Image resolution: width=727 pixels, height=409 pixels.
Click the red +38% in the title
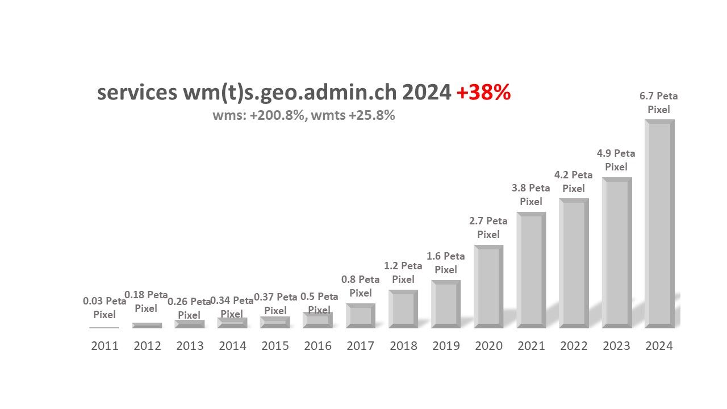pyautogui.click(x=483, y=93)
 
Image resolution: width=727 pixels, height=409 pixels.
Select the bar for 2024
pyautogui.click(x=659, y=224)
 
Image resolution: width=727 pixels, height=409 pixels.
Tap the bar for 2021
pyautogui.click(x=531, y=270)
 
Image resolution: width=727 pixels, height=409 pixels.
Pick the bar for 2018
pyautogui.click(x=403, y=309)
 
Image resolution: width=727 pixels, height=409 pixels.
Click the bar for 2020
pyautogui.click(x=488, y=287)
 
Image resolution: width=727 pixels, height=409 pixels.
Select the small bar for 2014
pyautogui.click(x=232, y=323)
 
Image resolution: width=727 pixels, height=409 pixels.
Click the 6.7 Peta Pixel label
pyautogui.click(x=659, y=103)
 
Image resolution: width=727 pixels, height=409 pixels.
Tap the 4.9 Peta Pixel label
pyautogui.click(x=616, y=160)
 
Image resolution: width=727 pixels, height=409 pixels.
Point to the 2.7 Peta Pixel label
pyautogui.click(x=488, y=228)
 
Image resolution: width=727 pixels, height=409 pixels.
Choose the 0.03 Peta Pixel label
pyautogui.click(x=105, y=308)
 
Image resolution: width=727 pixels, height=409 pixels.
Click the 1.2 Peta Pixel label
pyautogui.click(x=403, y=273)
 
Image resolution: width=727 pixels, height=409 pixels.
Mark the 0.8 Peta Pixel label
pyautogui.click(x=361, y=286)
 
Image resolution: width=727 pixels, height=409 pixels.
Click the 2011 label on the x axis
pyautogui.click(x=105, y=346)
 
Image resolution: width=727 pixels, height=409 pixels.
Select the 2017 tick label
pyautogui.click(x=361, y=346)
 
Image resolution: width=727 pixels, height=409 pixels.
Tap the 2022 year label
pyautogui.click(x=574, y=346)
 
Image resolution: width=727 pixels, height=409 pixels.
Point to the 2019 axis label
pyautogui.click(x=446, y=346)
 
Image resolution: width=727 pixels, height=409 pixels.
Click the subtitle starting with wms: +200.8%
pyautogui.click(x=304, y=115)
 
